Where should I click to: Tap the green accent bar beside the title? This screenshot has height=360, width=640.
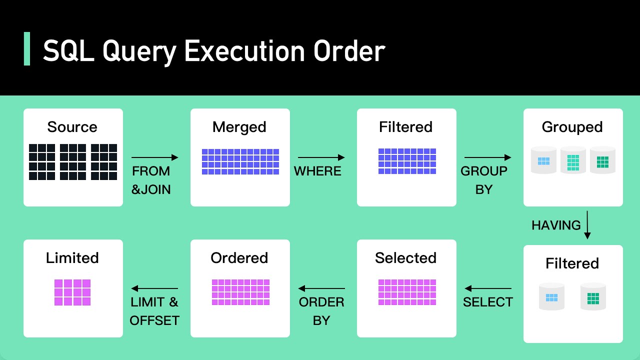tap(27, 49)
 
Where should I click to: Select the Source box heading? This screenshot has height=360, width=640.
tap(72, 127)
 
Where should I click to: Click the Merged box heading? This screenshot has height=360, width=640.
tap(239, 127)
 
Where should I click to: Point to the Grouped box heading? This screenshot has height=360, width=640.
tap(572, 127)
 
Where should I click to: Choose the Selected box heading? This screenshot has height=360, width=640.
tap(405, 258)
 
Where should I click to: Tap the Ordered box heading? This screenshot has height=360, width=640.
tap(239, 258)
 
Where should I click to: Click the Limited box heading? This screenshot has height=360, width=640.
tap(72, 258)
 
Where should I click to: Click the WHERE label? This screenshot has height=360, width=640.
tap(317, 171)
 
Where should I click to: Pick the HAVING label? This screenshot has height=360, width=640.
tap(556, 225)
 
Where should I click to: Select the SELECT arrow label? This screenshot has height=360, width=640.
tap(488, 302)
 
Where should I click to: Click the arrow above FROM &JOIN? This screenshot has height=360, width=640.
tap(155, 157)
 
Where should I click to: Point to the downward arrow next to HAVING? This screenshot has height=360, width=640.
tap(587, 225)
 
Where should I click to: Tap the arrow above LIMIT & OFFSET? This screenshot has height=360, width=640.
tap(155, 288)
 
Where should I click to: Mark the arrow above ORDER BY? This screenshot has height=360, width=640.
tap(322, 288)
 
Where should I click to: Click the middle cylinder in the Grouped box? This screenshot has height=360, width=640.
tap(573, 160)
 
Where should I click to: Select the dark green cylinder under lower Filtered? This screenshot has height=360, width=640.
tap(593, 297)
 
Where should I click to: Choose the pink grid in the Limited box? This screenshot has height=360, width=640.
tap(72, 292)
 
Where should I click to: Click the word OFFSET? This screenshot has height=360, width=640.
tap(154, 320)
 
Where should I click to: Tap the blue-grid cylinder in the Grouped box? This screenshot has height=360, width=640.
tap(543, 160)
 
